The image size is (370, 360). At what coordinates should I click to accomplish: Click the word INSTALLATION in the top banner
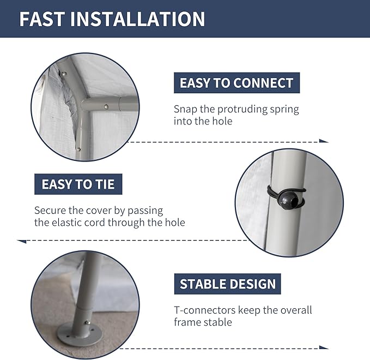pyautogui.click(x=138, y=19)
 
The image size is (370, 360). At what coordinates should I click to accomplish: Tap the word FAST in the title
pyautogui.click(x=42, y=19)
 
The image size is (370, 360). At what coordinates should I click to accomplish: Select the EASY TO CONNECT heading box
pyautogui.click(x=236, y=83)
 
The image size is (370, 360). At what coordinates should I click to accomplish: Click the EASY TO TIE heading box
pyautogui.click(x=78, y=184)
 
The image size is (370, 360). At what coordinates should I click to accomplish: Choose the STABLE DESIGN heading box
pyautogui.click(x=227, y=284)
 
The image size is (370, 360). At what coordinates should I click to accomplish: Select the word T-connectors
pyautogui.click(x=205, y=310)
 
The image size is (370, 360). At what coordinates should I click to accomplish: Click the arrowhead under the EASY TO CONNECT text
pyautogui.click(x=324, y=141)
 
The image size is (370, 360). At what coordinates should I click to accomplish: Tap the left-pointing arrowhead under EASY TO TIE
pyautogui.click(x=22, y=241)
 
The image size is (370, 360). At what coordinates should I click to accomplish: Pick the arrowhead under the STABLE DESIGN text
pyautogui.click(x=324, y=347)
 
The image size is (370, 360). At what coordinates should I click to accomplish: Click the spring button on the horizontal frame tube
pyautogui.click(x=106, y=107)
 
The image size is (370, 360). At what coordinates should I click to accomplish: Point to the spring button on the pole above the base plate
pyautogui.click(x=87, y=322)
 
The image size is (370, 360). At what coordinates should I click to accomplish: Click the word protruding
pyautogui.click(x=242, y=110)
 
